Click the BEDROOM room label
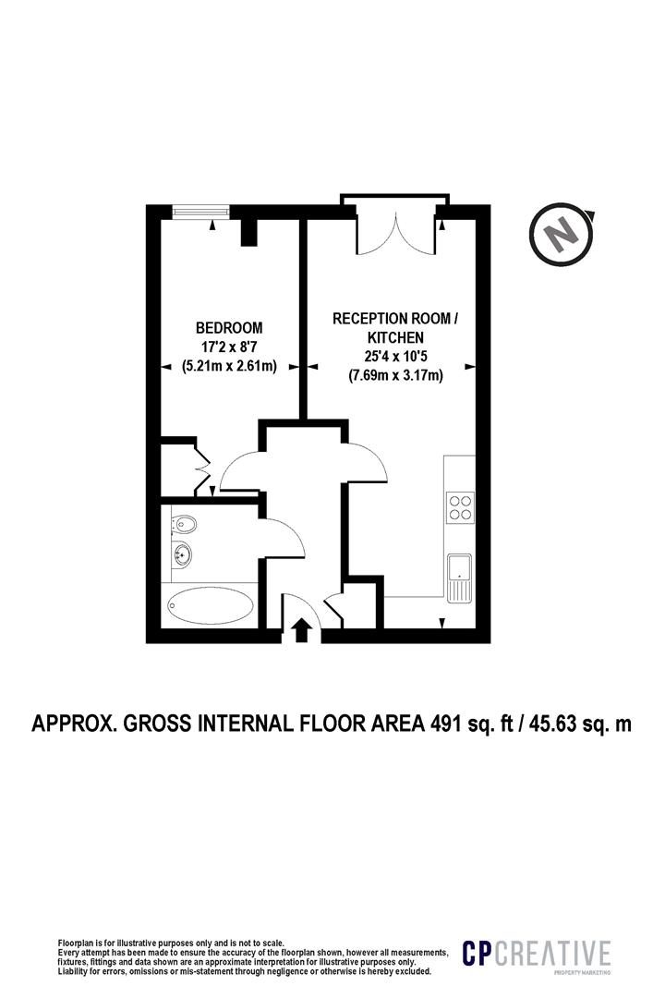(229, 328)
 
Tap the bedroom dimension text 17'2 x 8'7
(229, 347)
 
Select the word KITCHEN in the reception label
(395, 337)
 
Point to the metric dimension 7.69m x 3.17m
(395, 375)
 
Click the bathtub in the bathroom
(209, 606)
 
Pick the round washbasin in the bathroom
(184, 554)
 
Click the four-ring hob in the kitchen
(461, 507)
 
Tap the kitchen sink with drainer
(459, 578)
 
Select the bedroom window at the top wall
(201, 212)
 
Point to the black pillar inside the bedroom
(249, 232)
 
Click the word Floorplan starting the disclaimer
(75, 943)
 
